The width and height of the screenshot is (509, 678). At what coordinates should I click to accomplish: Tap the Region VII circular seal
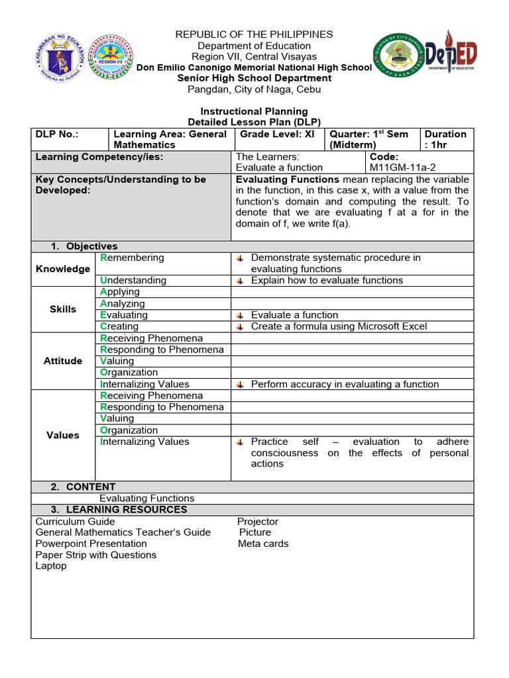pos(111,58)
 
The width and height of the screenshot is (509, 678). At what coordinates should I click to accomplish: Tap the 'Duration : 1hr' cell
pos(445,139)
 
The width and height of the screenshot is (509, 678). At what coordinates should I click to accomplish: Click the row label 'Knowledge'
pos(63,269)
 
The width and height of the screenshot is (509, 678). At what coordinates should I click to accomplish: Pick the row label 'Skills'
pos(63,309)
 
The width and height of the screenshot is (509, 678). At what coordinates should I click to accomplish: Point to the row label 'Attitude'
pos(63,361)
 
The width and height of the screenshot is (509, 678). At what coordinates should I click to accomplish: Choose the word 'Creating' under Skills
pos(119,326)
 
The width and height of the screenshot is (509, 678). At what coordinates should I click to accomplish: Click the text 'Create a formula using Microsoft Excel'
pos(339,326)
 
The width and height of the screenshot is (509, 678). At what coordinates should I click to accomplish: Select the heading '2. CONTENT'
pos(84,487)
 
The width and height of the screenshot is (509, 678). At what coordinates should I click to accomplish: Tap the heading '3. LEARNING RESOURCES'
pos(119,510)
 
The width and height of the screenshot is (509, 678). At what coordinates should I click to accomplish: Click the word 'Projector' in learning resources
pos(258,522)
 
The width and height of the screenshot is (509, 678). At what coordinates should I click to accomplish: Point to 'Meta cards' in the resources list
pos(263,544)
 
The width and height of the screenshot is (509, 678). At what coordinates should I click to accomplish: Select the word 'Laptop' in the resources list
pos(51,566)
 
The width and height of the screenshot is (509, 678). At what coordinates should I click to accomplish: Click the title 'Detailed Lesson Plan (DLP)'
pos(254,122)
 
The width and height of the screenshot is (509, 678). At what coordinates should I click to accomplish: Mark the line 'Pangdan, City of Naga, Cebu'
pos(254,89)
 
